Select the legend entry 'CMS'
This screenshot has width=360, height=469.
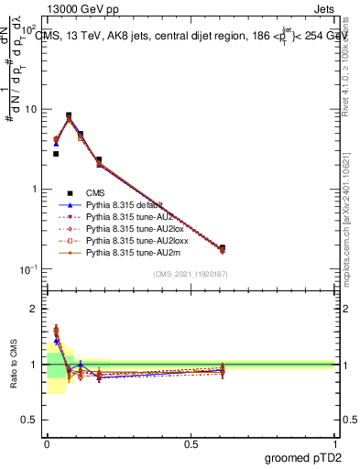point(97,192)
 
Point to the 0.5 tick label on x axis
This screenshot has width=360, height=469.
point(191,443)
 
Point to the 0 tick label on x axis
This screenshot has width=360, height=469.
point(48,443)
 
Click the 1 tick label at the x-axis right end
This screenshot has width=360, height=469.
point(334,443)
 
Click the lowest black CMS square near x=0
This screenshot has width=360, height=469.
point(56,154)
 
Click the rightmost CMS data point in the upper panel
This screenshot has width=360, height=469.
point(222,247)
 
